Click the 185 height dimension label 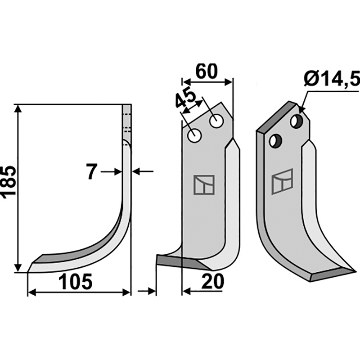pos(9,181)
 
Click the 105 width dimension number pos(75,282)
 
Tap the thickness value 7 pos(92,171)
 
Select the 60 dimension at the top pos(206,71)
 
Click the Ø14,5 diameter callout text pos(331,79)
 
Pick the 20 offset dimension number pos(212,281)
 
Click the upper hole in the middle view pos(216,121)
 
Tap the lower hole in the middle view pos(194,136)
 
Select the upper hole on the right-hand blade pos(297,121)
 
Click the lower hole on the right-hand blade pos(275,141)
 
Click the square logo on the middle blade pos(204,185)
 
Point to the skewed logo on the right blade pos(283,181)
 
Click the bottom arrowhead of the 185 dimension pos(18,268)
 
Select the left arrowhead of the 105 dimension pos(31,292)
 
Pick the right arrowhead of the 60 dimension pos(229,82)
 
